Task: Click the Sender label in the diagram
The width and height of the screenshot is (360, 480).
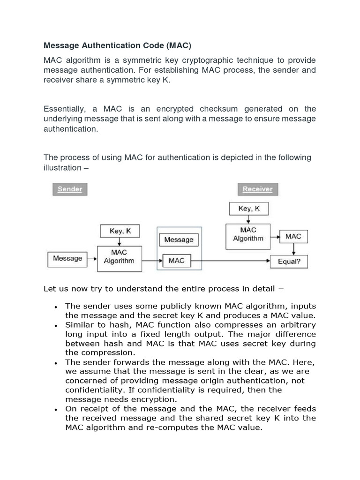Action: click(70, 189)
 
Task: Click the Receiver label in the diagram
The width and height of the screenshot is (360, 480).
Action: click(257, 189)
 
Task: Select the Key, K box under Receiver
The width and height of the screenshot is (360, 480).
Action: click(249, 209)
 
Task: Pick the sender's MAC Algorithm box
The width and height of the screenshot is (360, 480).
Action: click(119, 257)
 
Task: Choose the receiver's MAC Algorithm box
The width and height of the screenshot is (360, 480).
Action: click(248, 234)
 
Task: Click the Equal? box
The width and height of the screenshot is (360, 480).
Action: click(289, 261)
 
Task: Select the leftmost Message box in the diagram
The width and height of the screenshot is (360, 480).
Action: click(67, 258)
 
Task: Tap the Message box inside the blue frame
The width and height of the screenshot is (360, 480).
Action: click(179, 240)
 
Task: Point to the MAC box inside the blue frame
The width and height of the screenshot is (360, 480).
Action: click(176, 261)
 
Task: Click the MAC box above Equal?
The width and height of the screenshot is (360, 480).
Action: click(293, 236)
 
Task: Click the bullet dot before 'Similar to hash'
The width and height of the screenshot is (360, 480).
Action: click(56, 325)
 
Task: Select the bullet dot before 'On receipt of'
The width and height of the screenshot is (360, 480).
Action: click(56, 409)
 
